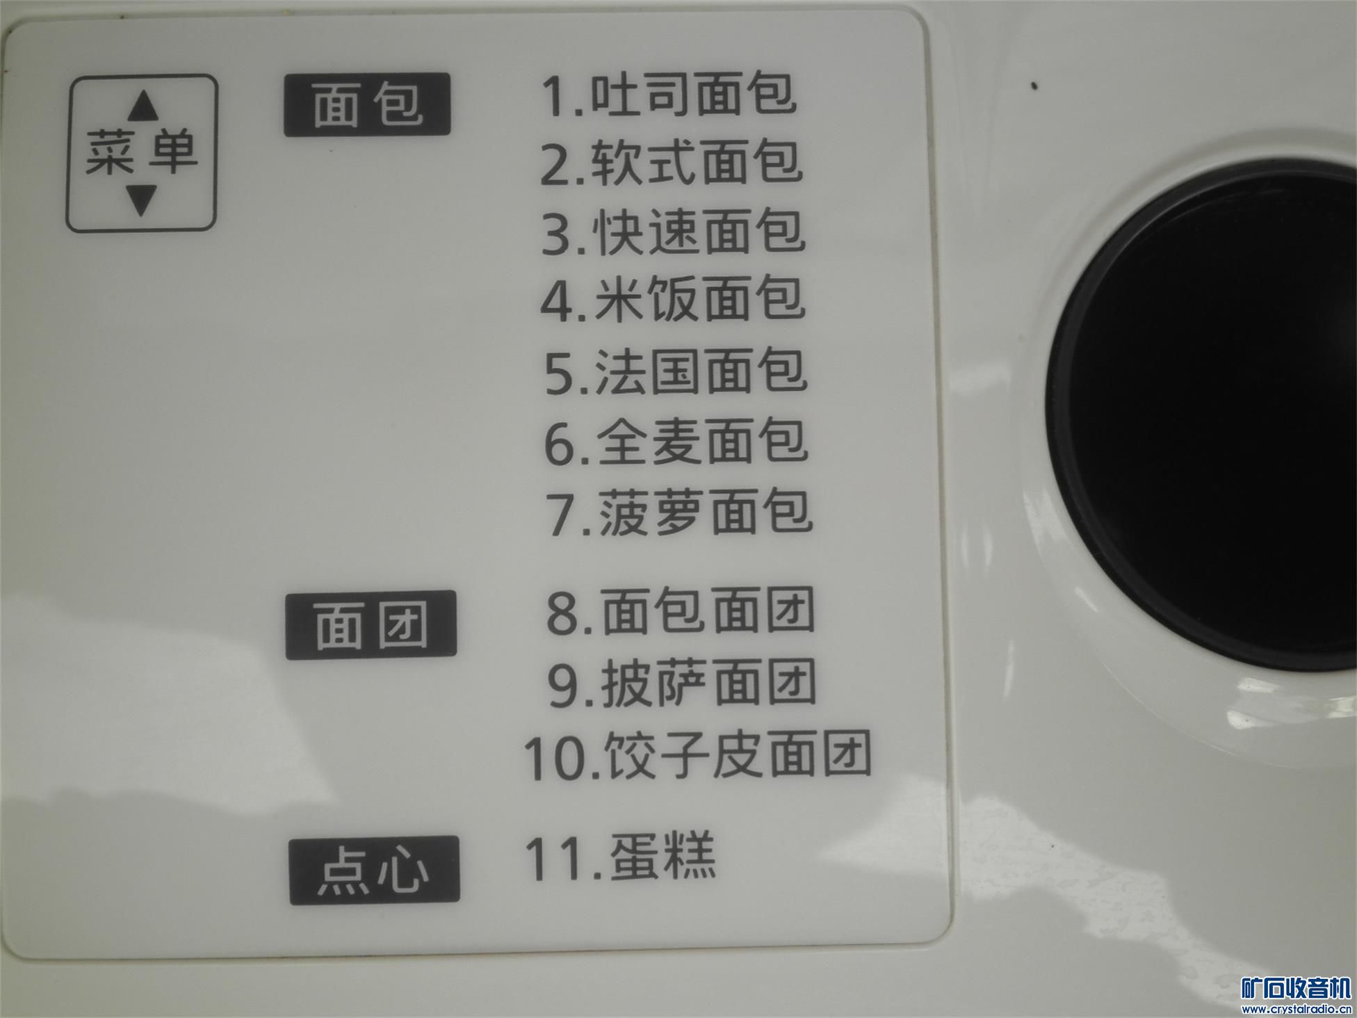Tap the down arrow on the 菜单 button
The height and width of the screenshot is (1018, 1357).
click(x=142, y=200)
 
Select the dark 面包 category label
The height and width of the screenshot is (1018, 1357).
click(x=367, y=104)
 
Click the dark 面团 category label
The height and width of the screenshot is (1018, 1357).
click(x=371, y=624)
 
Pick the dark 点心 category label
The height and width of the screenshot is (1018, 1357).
click(x=374, y=870)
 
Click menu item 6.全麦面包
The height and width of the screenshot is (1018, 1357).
click(x=676, y=442)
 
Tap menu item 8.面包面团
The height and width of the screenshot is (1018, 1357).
click(x=681, y=612)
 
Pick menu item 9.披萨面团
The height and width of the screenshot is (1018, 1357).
click(x=682, y=683)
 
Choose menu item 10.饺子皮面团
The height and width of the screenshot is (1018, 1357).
click(x=697, y=755)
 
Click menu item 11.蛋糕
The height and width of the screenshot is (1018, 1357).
click(x=620, y=857)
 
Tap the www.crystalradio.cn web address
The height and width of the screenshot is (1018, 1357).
click(x=1297, y=1009)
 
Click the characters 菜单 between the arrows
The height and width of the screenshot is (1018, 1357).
click(x=142, y=152)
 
